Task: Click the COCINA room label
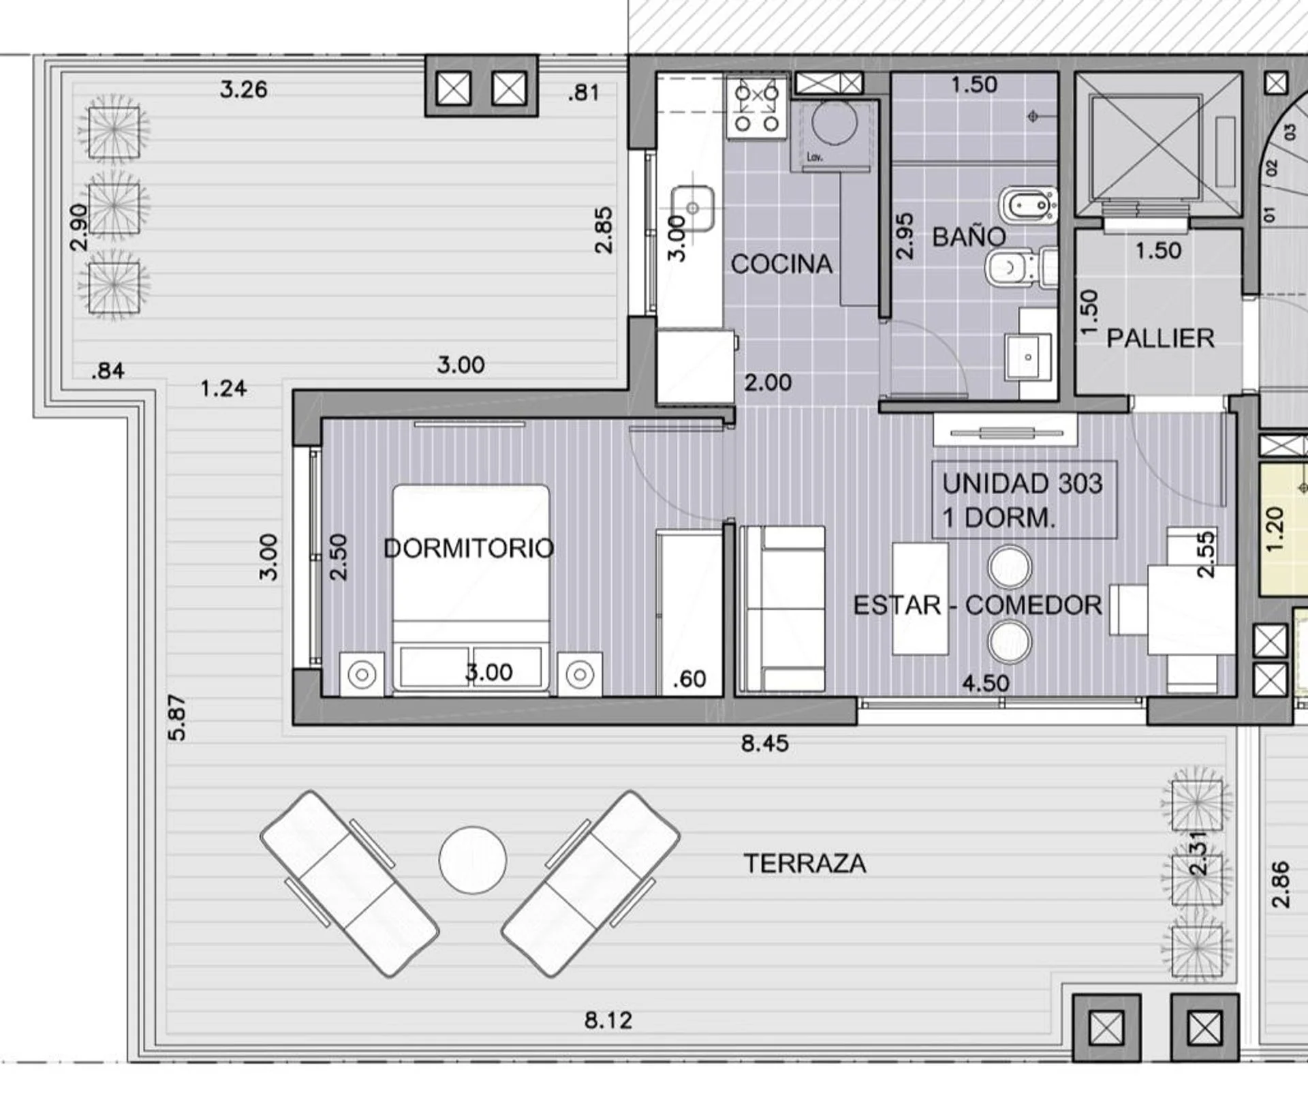point(781,264)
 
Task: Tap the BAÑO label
point(969,237)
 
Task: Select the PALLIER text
point(1160,338)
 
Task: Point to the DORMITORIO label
point(469,548)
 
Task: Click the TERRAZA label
point(805,864)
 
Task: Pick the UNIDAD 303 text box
point(1025,500)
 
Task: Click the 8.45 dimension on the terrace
point(765,743)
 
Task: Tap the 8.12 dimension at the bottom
point(608,1020)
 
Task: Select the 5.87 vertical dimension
point(176,718)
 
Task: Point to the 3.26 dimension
point(244,89)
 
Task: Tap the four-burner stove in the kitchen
point(756,108)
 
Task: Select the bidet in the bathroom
point(1028,204)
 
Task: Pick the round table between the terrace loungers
point(473,860)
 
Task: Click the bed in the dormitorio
point(471,590)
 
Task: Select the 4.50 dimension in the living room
point(986,682)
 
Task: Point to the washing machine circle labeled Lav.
point(835,123)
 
